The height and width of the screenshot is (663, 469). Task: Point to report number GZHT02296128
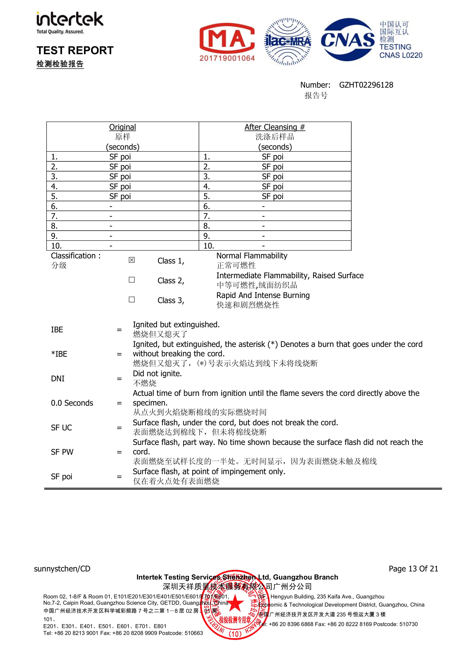coord(366,85)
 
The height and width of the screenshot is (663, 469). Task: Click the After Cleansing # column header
coord(275,127)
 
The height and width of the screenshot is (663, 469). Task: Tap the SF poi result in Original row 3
coord(120,176)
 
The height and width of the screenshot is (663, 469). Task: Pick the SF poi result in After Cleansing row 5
coord(272,196)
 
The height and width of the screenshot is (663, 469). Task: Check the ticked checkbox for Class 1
coord(132,260)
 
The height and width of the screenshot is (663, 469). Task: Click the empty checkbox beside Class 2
coord(132,280)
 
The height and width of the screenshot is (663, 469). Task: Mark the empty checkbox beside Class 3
coord(132,299)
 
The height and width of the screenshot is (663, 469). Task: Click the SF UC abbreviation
coord(61,428)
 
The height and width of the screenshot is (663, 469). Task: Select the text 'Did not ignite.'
coord(157,374)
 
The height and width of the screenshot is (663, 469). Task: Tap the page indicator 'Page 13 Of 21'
coord(413,569)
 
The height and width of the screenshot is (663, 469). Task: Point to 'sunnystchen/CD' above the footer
coord(62,569)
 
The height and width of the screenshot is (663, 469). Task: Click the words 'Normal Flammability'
coord(252,255)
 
